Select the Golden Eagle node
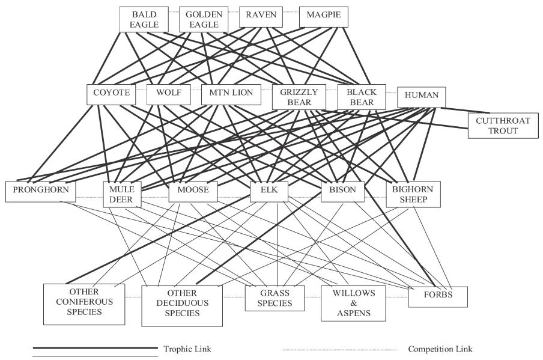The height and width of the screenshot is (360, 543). click(204, 19)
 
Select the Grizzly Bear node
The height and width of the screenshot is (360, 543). click(299, 97)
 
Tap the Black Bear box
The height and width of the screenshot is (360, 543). click(361, 97)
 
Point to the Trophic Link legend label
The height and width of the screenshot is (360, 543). click(188, 349)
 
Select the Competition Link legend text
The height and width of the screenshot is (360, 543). click(440, 349)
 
